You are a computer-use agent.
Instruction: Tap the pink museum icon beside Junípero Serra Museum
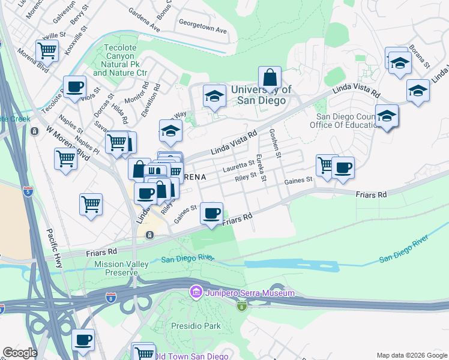tap(195, 293)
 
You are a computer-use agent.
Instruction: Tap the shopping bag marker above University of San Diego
tap(270, 77)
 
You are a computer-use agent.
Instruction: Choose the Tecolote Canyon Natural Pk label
tap(120, 60)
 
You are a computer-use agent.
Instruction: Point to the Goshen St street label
tap(275, 144)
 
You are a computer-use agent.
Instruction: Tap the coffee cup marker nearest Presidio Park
tap(83, 340)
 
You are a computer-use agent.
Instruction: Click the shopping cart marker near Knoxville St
tap(47, 51)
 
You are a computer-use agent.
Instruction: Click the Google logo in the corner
tap(20, 353)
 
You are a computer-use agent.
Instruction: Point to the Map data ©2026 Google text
tap(411, 355)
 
